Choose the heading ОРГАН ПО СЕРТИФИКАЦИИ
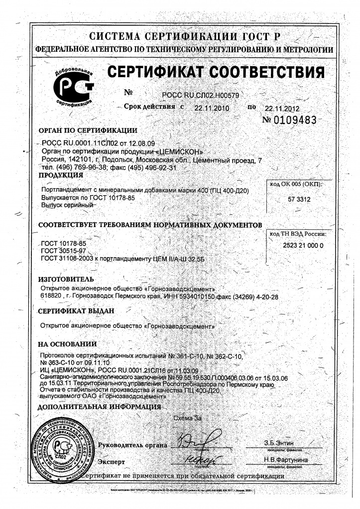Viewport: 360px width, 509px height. (x=88, y=131)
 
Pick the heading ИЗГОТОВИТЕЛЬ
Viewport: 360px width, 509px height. (x=66, y=279)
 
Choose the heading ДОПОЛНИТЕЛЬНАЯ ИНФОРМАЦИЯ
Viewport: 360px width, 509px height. (x=100, y=407)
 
